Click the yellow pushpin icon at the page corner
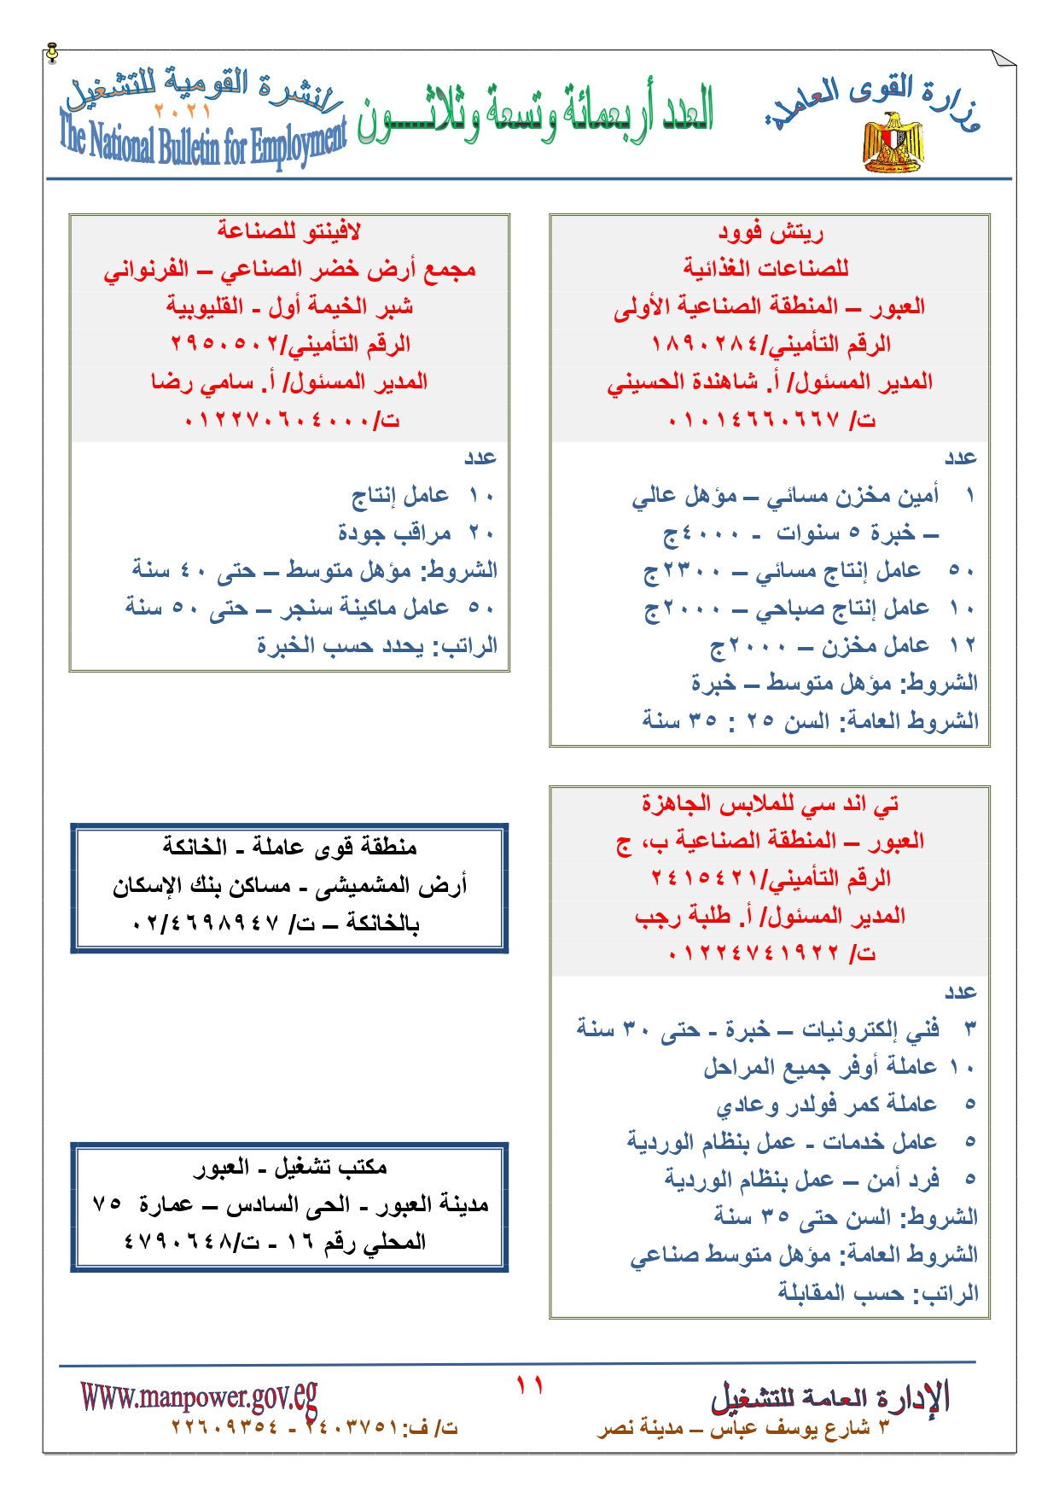[53, 53]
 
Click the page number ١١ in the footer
[529, 1384]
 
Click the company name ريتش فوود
[770, 231]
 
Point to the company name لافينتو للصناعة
[288, 231]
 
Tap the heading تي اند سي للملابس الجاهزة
[770, 803]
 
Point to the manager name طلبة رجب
[683, 916]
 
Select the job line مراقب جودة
[394, 533]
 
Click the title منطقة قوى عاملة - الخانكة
[289, 847]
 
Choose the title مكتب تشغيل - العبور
[289, 1167]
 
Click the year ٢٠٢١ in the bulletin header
[182, 111]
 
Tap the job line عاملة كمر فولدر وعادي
[826, 1105]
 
